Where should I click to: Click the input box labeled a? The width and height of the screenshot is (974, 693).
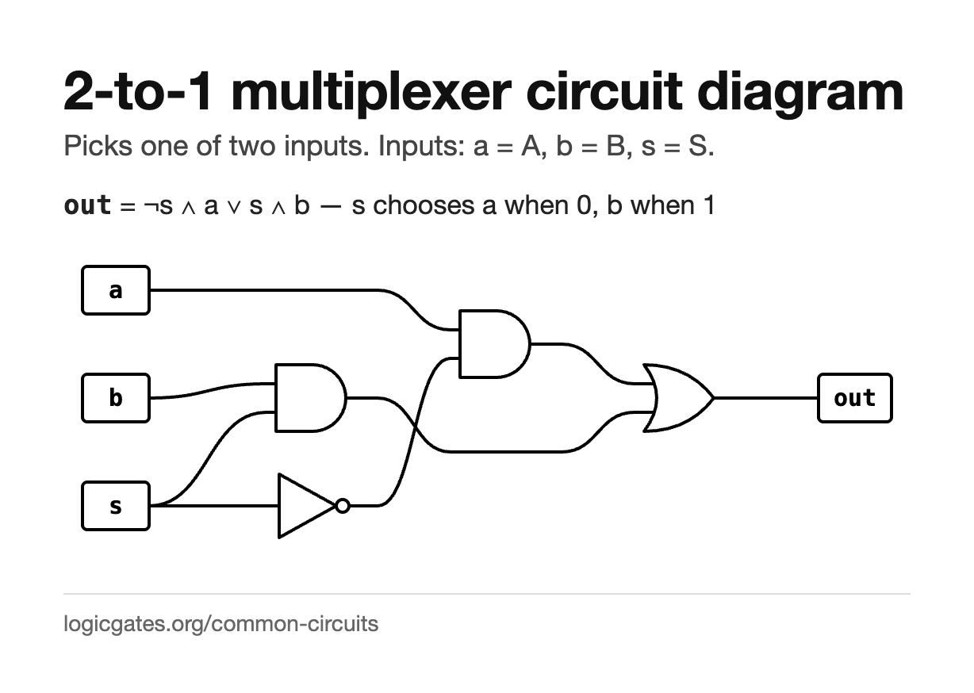tap(116, 290)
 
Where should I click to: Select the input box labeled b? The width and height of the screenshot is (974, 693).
tap(116, 398)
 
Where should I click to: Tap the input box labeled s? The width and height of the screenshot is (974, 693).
tap(116, 506)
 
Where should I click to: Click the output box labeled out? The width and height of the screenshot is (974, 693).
tap(855, 398)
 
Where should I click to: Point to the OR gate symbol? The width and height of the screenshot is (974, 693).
tap(678, 398)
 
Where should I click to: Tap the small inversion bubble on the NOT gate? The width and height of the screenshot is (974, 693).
tap(343, 506)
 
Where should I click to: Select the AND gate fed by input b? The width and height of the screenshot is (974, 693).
tap(310, 398)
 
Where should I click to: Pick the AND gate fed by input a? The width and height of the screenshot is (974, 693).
tap(495, 344)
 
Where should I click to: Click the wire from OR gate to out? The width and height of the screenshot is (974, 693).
tap(765, 398)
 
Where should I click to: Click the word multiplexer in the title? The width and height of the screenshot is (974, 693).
tap(371, 93)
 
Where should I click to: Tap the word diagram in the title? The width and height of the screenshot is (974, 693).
tap(800, 93)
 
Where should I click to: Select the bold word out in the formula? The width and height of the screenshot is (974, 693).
tap(87, 205)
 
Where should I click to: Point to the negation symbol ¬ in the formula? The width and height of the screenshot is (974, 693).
tap(151, 206)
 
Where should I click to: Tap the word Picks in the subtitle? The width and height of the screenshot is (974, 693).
tap(98, 146)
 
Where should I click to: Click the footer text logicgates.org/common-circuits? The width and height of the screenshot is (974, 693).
tap(220, 624)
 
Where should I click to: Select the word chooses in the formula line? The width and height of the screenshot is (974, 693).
tap(424, 205)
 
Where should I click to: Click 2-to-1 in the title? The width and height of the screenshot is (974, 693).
tap(138, 92)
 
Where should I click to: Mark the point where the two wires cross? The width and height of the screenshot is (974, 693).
tap(415, 429)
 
